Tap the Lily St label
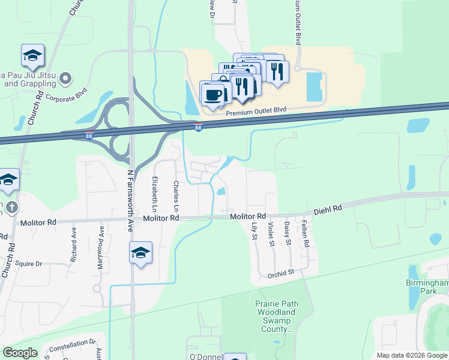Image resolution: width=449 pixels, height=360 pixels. [x=254, y=231]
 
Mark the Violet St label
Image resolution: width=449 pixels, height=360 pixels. [x=271, y=233]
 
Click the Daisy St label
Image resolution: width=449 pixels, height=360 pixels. [x=288, y=233]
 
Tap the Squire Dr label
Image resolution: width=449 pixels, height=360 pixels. [x=29, y=263]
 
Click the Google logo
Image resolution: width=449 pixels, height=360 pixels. [x=20, y=353]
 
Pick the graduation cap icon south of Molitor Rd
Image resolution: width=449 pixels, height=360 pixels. [x=140, y=253]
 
